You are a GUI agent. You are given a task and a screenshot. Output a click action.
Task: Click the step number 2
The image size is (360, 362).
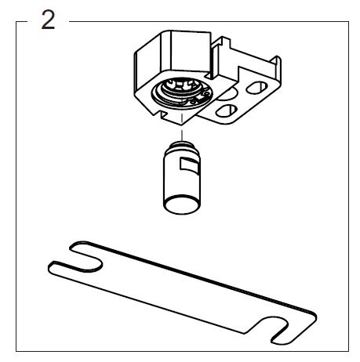(48, 20)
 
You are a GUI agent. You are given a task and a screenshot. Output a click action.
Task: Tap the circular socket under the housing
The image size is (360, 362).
(182, 93)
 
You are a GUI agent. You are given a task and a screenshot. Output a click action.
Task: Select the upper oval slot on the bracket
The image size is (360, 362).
(257, 88)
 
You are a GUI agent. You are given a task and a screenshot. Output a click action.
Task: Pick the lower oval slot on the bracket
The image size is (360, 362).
(227, 110)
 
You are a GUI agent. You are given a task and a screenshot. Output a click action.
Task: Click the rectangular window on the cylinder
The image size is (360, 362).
(190, 165)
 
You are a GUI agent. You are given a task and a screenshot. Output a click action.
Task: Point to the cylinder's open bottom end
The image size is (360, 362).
(182, 205)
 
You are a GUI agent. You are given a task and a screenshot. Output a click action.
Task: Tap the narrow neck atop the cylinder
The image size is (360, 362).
(181, 145)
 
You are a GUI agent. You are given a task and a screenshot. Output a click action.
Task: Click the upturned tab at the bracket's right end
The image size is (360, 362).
(276, 64)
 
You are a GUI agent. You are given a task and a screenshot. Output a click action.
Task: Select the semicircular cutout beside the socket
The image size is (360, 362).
(227, 95)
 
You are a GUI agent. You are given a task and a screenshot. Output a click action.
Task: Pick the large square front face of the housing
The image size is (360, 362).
(190, 52)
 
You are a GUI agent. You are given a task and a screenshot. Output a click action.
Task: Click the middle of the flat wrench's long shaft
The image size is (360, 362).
(183, 290)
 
